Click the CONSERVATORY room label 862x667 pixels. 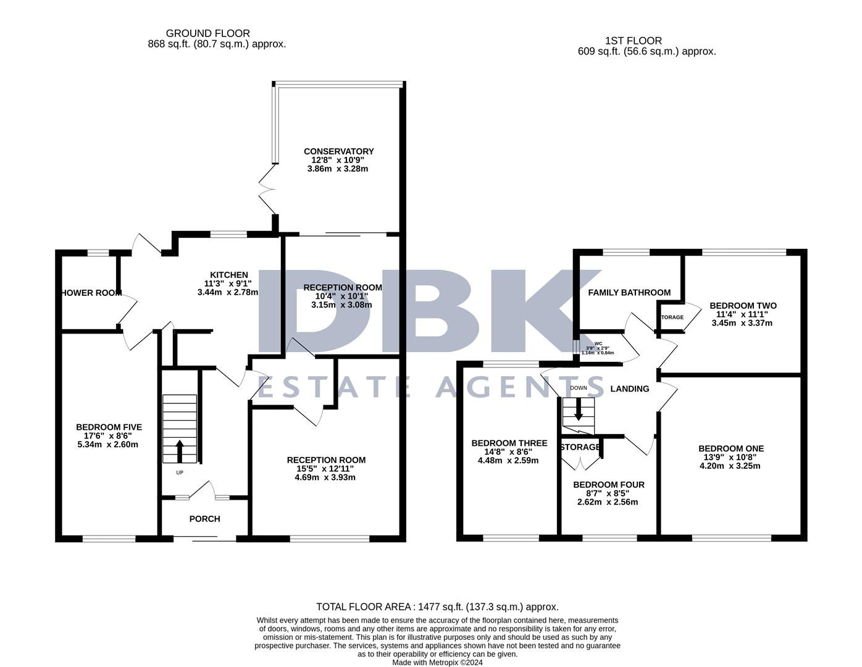338,151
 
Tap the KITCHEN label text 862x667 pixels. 229,275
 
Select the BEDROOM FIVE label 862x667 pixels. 109,427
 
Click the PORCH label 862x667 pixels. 204,519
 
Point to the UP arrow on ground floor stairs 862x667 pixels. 180,451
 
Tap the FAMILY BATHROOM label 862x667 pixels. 629,292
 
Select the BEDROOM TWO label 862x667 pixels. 743,306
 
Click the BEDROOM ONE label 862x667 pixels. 730,448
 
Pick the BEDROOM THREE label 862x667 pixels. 509,443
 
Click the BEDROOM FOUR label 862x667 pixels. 608,485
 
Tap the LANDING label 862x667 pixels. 629,388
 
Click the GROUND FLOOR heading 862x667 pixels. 208,33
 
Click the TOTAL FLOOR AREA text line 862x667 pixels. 437,606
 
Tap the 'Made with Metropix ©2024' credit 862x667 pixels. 437,662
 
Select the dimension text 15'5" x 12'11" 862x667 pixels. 326,469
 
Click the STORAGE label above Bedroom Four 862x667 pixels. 580,447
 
